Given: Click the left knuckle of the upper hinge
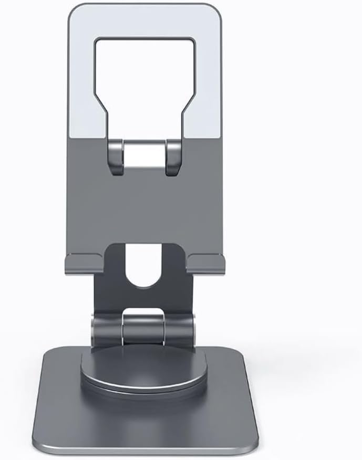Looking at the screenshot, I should [117, 156].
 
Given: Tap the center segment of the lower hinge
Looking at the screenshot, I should [143, 327].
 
